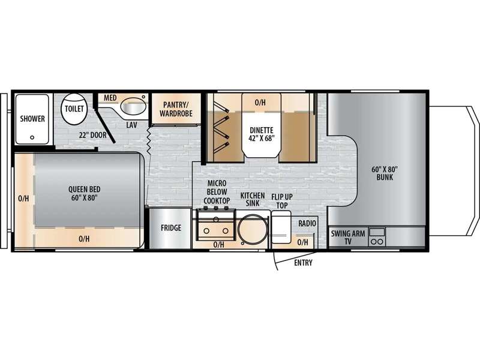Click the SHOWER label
click(x=32, y=118)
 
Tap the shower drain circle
click(x=32, y=137)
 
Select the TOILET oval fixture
click(x=74, y=109)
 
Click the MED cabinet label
click(x=110, y=98)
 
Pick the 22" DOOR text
click(x=92, y=135)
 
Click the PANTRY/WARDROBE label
click(x=176, y=109)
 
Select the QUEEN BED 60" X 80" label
click(x=84, y=193)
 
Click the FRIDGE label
click(x=171, y=228)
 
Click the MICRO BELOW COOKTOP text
click(x=217, y=192)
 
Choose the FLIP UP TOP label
click(x=282, y=201)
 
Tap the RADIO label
click(x=307, y=223)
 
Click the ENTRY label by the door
click(x=303, y=263)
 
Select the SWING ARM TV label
click(x=348, y=238)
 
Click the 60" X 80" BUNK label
click(x=385, y=173)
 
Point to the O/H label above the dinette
click(x=260, y=103)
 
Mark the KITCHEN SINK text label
click(x=253, y=199)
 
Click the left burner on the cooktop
click(x=206, y=231)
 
